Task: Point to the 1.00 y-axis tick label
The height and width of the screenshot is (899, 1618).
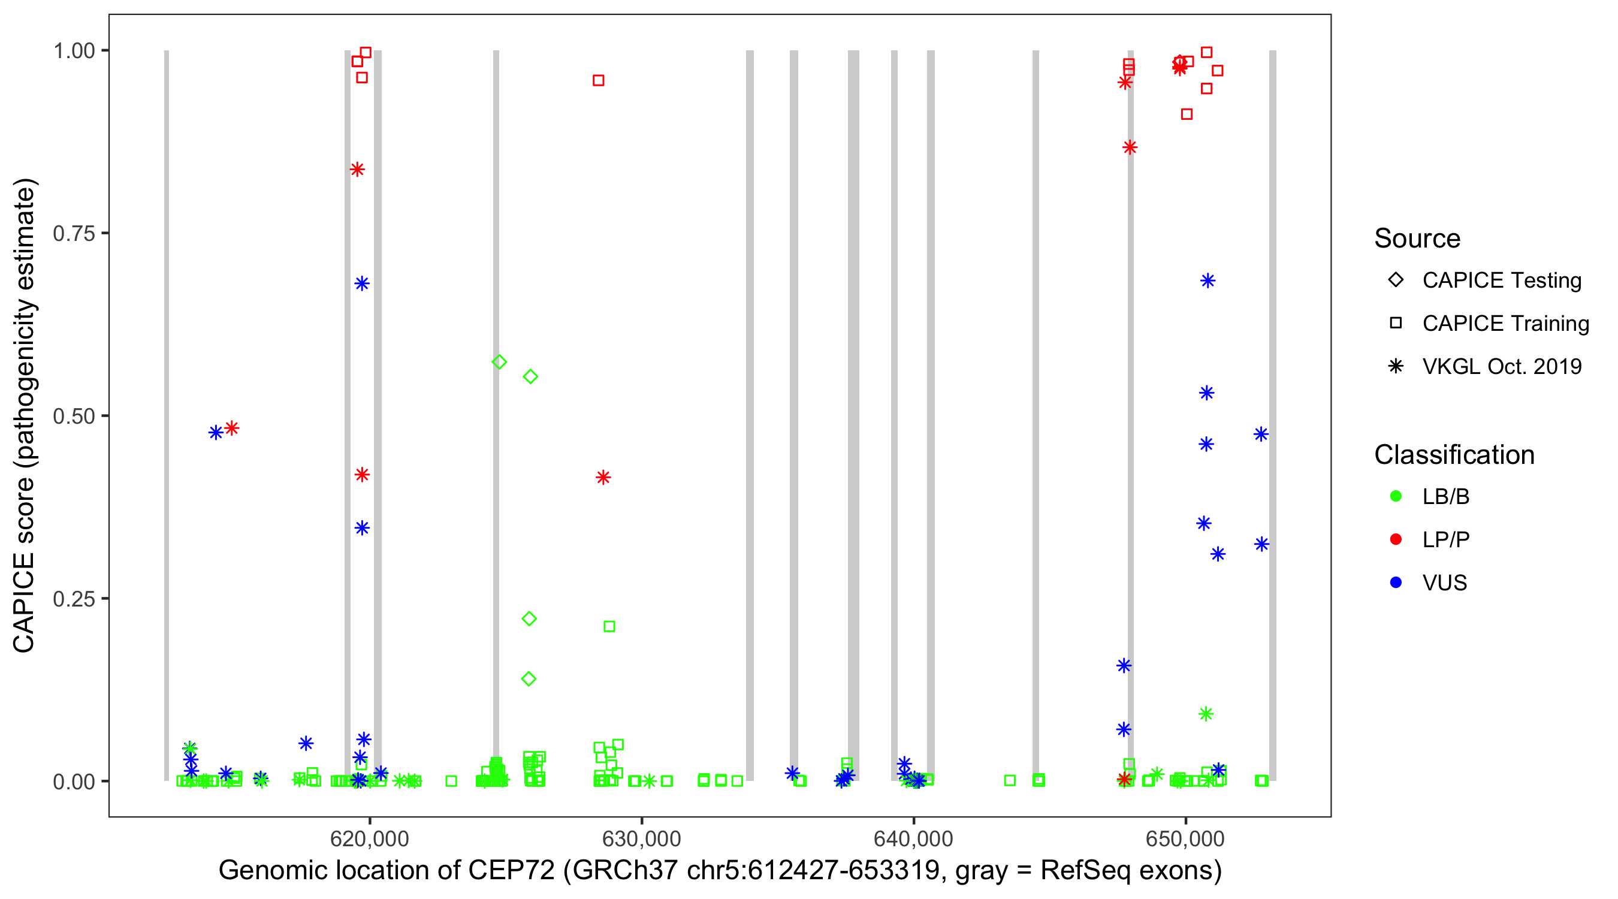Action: (74, 51)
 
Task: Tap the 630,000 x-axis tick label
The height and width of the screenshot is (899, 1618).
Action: (641, 838)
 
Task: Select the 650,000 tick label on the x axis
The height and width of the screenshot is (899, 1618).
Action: (1185, 838)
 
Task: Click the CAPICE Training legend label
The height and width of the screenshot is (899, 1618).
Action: (1505, 323)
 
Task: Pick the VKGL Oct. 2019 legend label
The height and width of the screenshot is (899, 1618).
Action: (1502, 366)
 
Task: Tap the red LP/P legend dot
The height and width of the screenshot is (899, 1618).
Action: (1396, 539)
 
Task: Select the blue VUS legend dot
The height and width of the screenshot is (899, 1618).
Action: (1396, 583)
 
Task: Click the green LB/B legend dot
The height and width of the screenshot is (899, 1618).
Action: (1396, 496)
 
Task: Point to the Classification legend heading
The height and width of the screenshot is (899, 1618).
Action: (1453, 455)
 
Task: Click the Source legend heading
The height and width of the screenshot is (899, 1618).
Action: (1417, 239)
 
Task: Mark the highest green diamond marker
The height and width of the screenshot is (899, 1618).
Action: (499, 362)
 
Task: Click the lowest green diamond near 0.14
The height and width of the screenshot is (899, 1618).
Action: (529, 679)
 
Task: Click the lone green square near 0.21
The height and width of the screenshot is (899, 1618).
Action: (609, 626)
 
